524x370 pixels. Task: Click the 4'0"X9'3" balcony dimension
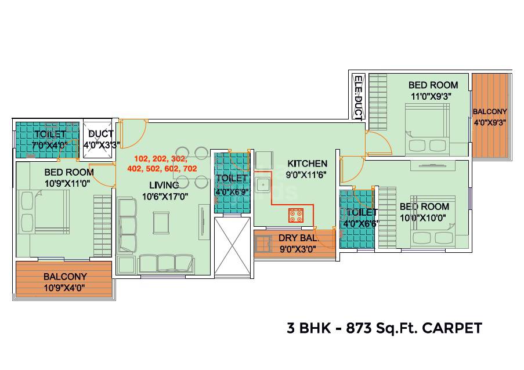pos(489,122)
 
